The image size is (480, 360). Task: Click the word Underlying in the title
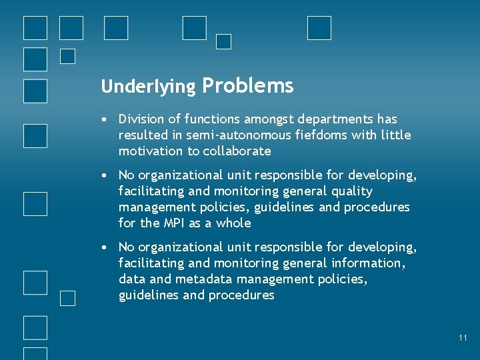tap(148, 87)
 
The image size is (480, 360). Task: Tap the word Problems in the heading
tap(247, 85)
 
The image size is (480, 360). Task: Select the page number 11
tap(463, 338)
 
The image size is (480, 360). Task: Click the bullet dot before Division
tap(105, 120)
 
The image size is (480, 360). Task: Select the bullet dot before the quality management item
tap(105, 176)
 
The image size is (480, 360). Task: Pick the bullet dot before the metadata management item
tap(105, 248)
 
